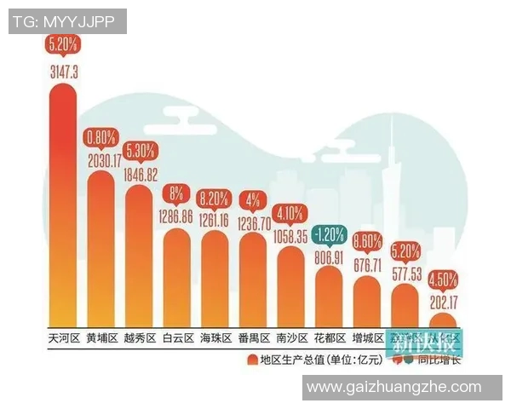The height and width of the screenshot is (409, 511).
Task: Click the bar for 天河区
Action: pyautogui.click(x=64, y=204)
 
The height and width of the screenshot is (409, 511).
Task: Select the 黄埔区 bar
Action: pyautogui.click(x=101, y=251)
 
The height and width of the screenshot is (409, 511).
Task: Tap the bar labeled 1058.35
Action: pyautogui.click(x=291, y=285)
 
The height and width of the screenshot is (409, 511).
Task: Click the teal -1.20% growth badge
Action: pyautogui.click(x=328, y=233)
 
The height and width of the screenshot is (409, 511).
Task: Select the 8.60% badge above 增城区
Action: pyautogui.click(x=365, y=241)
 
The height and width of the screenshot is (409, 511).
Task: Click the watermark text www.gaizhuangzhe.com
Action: pyautogui.click(x=393, y=388)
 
